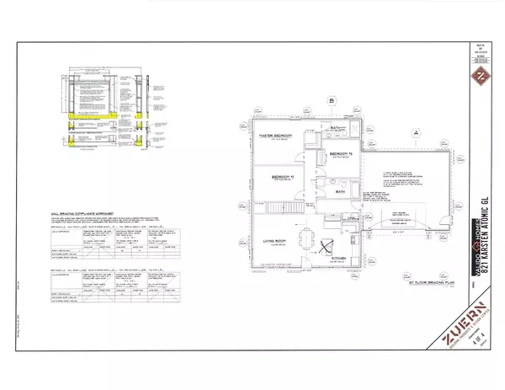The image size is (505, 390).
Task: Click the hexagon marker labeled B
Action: tap(332, 104)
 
